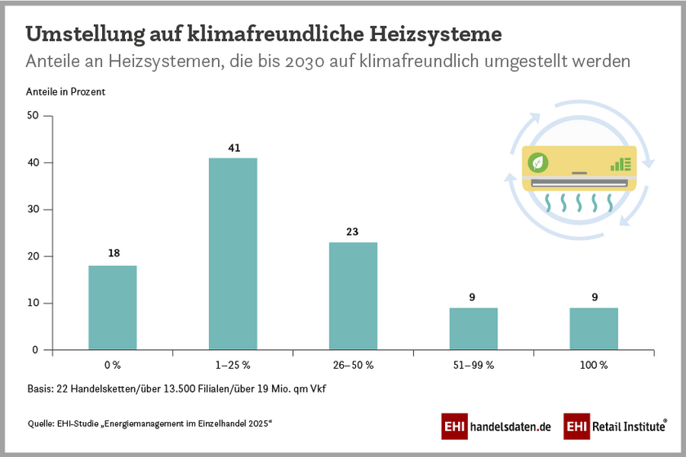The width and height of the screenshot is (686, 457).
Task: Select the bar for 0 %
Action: [113, 308]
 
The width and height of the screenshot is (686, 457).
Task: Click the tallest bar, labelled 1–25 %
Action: [233, 254]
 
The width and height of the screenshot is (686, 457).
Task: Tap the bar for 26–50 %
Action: [353, 296]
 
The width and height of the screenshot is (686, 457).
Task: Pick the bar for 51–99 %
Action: [473, 329]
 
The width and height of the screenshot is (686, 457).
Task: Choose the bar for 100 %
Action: [594, 329]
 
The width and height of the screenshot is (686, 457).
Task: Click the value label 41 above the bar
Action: [233, 149]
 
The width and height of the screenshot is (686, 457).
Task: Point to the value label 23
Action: [353, 233]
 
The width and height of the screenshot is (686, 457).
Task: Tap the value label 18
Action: [113, 254]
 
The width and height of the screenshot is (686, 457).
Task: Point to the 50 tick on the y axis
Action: [33, 116]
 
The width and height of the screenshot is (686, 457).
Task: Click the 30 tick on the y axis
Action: [33, 210]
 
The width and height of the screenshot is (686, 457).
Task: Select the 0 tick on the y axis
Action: [36, 350]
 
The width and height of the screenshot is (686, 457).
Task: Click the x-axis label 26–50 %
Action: [353, 365]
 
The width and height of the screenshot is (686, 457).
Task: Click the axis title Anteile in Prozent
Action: [65, 92]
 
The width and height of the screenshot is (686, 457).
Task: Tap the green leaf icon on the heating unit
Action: [538, 162]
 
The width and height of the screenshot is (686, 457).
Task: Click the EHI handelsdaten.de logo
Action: [496, 426]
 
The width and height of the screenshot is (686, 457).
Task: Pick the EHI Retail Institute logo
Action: [620, 426]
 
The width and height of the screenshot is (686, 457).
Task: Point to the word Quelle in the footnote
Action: [42, 423]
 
